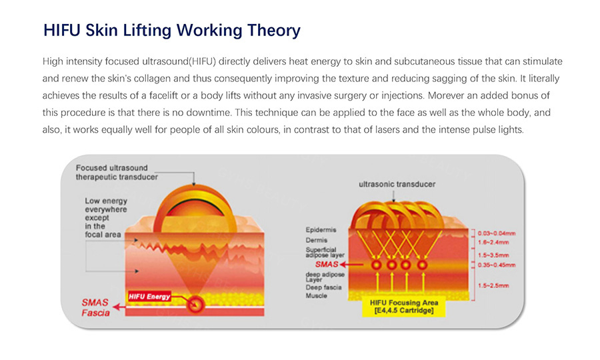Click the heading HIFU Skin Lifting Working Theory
[x=172, y=31]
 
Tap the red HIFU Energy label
[x=149, y=297]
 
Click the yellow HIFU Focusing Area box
[x=404, y=307]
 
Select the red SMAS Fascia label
[x=95, y=307]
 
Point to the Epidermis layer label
[x=321, y=230]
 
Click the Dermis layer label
[x=317, y=240]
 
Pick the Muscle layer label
[x=316, y=296]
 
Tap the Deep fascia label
[x=323, y=287]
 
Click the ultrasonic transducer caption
[x=397, y=185]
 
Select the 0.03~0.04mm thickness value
[x=496, y=233]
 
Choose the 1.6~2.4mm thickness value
[x=493, y=242]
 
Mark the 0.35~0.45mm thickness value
[x=496, y=265]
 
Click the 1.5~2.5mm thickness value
[x=493, y=285]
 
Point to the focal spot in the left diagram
[x=195, y=305]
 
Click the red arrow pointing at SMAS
[x=351, y=265]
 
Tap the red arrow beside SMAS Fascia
[x=119, y=307]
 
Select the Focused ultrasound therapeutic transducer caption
[x=117, y=173]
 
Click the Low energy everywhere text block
[x=105, y=218]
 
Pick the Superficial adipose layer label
[x=325, y=252]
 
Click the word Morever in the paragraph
[x=445, y=95]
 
